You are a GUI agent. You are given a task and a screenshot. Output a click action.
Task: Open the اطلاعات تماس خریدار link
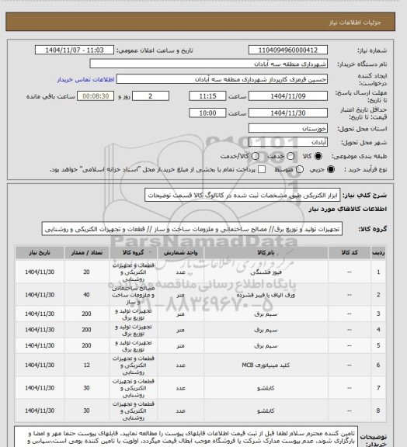point(86,80)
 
